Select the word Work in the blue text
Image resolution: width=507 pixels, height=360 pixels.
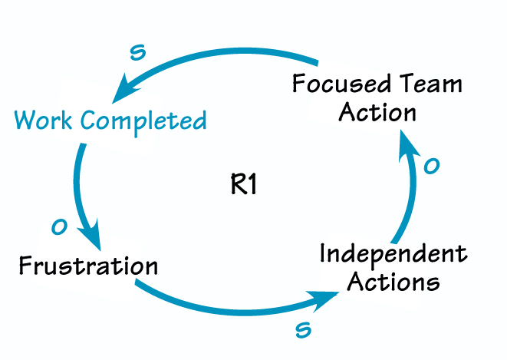(44, 121)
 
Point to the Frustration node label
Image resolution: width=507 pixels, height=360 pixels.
(88, 266)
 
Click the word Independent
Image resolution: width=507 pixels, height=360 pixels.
(393, 254)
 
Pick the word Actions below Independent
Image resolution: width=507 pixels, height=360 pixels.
(393, 282)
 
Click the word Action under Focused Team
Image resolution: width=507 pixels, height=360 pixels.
(377, 112)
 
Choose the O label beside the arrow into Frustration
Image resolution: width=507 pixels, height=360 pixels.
(58, 226)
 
